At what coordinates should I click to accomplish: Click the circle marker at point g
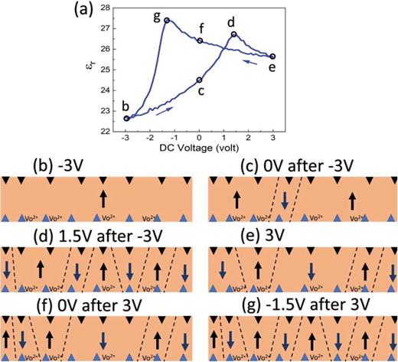pyautogui.click(x=167, y=20)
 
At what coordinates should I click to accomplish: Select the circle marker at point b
pyautogui.click(x=126, y=118)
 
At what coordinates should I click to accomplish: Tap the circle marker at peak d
pyautogui.click(x=234, y=34)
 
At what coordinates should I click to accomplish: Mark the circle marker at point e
pyautogui.click(x=272, y=56)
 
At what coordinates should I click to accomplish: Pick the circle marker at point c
pyautogui.click(x=200, y=80)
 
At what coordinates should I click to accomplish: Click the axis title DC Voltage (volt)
pyautogui.click(x=199, y=147)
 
